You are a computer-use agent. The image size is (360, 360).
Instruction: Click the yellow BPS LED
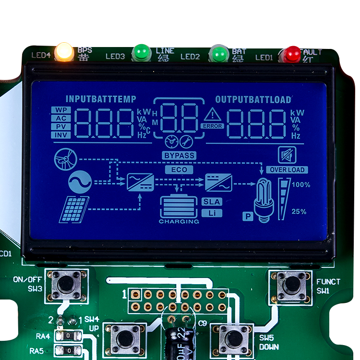point(64,52)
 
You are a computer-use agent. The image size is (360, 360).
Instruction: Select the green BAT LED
point(219,53)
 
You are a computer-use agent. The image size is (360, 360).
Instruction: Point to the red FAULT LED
point(291,54)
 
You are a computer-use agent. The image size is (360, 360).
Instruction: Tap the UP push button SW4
point(125,338)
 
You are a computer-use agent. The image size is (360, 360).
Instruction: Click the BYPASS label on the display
point(179,156)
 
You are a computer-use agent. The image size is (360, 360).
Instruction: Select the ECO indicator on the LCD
point(179,169)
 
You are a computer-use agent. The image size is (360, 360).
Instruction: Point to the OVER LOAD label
point(288,169)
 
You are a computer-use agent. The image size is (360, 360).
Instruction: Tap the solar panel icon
point(74,209)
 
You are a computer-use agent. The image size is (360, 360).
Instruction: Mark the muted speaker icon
point(287,155)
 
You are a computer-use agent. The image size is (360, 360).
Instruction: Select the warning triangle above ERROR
point(212,115)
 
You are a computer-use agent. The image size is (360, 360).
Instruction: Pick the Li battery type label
point(212,213)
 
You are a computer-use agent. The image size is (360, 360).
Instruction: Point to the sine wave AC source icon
point(79,182)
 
